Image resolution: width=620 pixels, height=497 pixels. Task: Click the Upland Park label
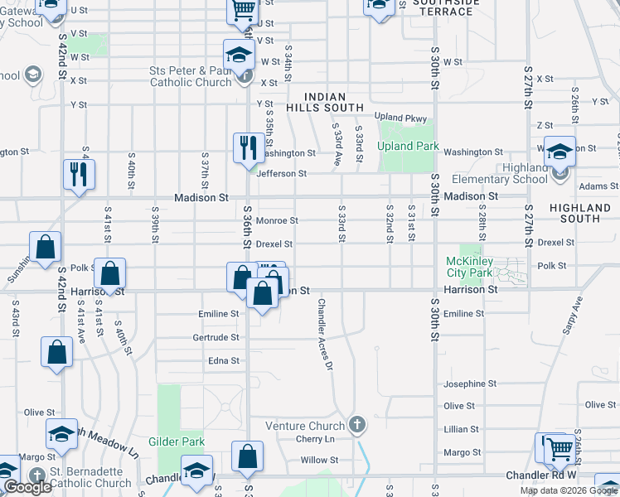pyautogui.click(x=407, y=147)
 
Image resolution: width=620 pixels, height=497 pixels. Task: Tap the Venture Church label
pyautogui.click(x=304, y=426)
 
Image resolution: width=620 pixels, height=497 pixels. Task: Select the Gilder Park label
pyautogui.click(x=177, y=442)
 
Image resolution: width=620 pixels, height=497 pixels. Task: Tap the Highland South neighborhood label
pyautogui.click(x=580, y=213)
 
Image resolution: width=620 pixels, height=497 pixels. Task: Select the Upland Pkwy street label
pyautogui.click(x=400, y=117)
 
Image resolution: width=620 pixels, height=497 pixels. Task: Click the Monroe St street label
pyautogui.click(x=277, y=221)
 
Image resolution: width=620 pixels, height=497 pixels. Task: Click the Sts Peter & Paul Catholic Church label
pyautogui.click(x=191, y=76)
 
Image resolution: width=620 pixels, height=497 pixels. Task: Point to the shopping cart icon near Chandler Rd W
pyautogui.click(x=560, y=449)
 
